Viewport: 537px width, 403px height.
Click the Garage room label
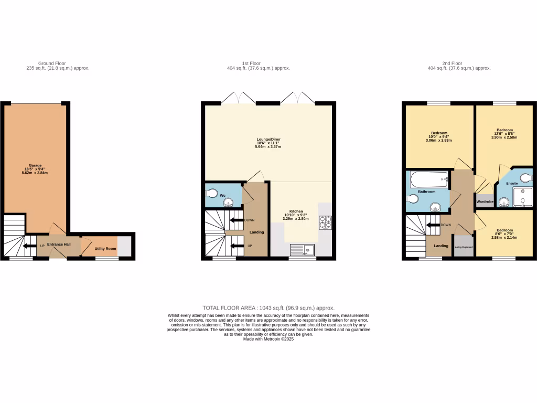pyautogui.click(x=35, y=165)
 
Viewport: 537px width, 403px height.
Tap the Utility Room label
pyautogui.click(x=105, y=248)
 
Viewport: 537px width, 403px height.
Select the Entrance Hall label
pyautogui.click(x=59, y=245)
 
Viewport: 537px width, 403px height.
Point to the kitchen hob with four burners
pyautogui.click(x=325, y=222)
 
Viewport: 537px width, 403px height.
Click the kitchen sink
pyautogui.click(x=302, y=250)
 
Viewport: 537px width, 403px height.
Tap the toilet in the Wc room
pyautogui.click(x=212, y=192)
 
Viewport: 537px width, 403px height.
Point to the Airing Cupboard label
pyautogui.click(x=464, y=247)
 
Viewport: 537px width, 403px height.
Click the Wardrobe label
pyautogui.click(x=485, y=201)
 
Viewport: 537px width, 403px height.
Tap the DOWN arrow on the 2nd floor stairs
pyautogui.click(x=433, y=225)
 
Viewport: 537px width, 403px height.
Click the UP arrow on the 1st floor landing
pyautogui.click(x=237, y=246)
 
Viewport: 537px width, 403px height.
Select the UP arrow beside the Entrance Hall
pyautogui.click(x=25, y=246)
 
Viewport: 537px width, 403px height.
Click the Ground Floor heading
pyautogui.click(x=52, y=63)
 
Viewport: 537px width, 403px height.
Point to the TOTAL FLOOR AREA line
pyautogui.click(x=268, y=308)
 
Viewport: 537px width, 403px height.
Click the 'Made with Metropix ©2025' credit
pyautogui.click(x=268, y=339)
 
